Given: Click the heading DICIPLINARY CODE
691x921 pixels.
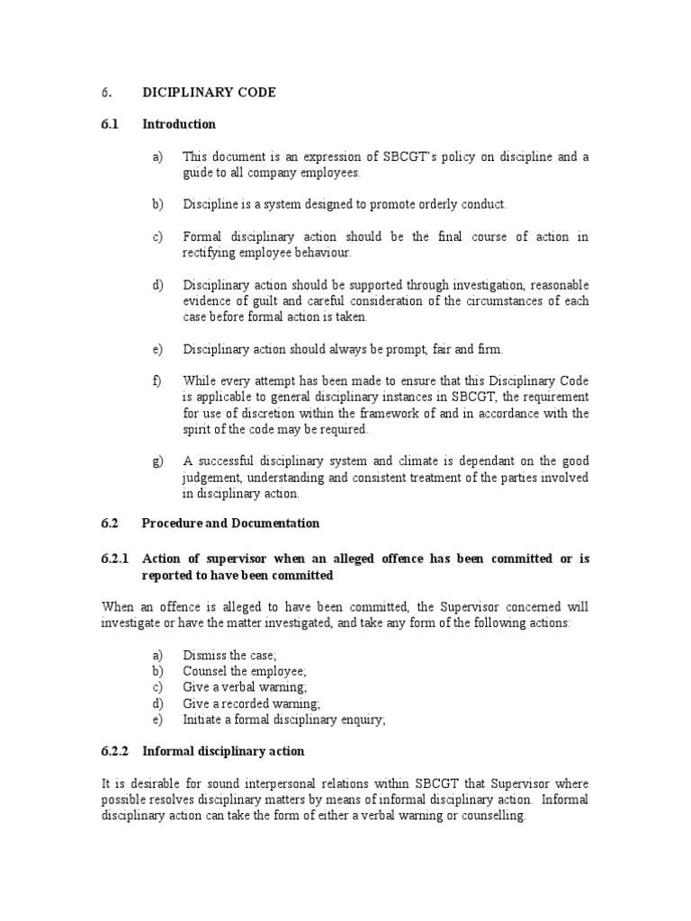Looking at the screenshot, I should tap(209, 93).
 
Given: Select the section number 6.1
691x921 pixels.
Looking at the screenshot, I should tap(110, 124).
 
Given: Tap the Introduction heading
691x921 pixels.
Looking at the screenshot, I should tap(179, 124).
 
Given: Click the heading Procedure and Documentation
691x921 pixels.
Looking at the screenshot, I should tap(230, 523).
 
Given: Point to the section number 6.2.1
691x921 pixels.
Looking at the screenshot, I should tap(115, 559).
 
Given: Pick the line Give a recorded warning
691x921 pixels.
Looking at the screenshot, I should tap(251, 703).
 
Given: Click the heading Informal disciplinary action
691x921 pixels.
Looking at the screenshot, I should tap(223, 751).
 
